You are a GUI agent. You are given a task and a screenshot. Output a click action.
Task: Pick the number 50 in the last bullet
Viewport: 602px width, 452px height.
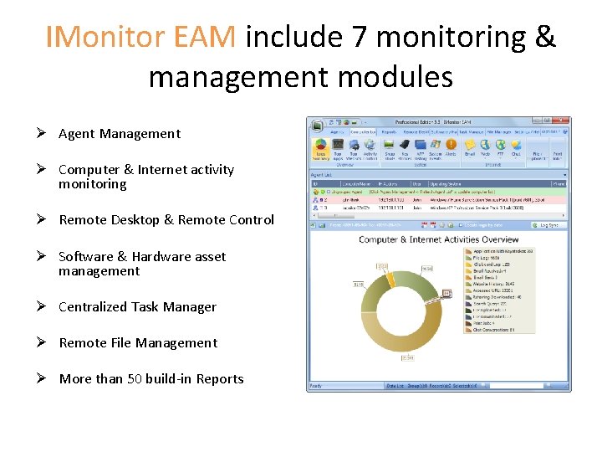tap(135, 379)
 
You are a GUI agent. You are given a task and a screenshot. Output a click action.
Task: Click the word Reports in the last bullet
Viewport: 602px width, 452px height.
tap(219, 379)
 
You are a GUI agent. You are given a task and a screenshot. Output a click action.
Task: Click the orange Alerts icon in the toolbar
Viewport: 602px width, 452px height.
tap(451, 147)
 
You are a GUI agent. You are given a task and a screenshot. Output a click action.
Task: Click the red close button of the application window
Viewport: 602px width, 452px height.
tap(564, 121)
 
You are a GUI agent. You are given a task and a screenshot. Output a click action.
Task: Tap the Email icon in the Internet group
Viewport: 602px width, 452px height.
tap(470, 147)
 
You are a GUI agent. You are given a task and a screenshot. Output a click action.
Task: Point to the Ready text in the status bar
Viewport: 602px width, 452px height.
tap(316, 386)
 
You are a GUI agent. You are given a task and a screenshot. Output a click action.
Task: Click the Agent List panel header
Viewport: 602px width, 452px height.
tap(323, 174)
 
